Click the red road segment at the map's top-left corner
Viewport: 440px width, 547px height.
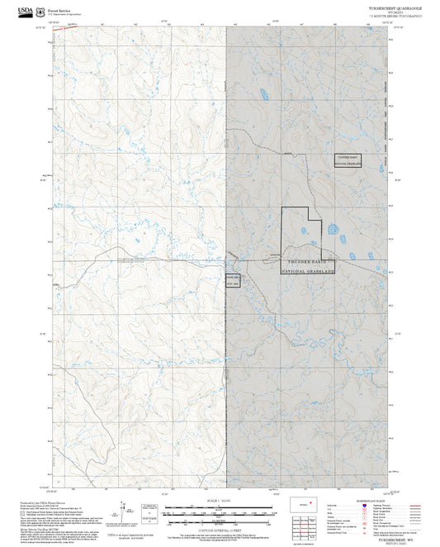click(58, 29)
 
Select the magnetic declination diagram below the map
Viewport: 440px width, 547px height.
click(124, 509)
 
